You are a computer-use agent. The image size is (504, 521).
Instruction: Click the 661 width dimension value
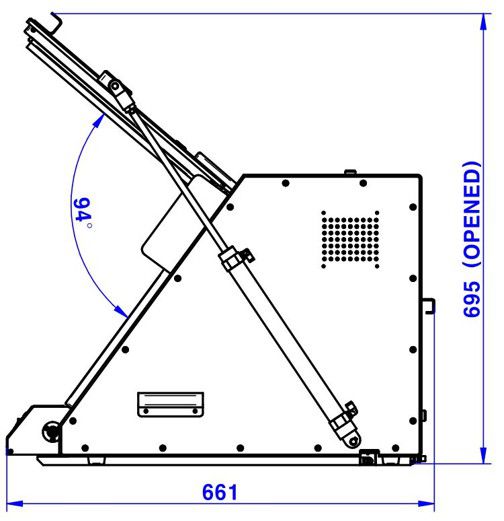[220, 491]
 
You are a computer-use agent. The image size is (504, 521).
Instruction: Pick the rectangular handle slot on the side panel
[170, 403]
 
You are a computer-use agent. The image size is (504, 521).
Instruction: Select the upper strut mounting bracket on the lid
[117, 90]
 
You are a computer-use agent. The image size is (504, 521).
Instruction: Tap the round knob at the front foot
[49, 431]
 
